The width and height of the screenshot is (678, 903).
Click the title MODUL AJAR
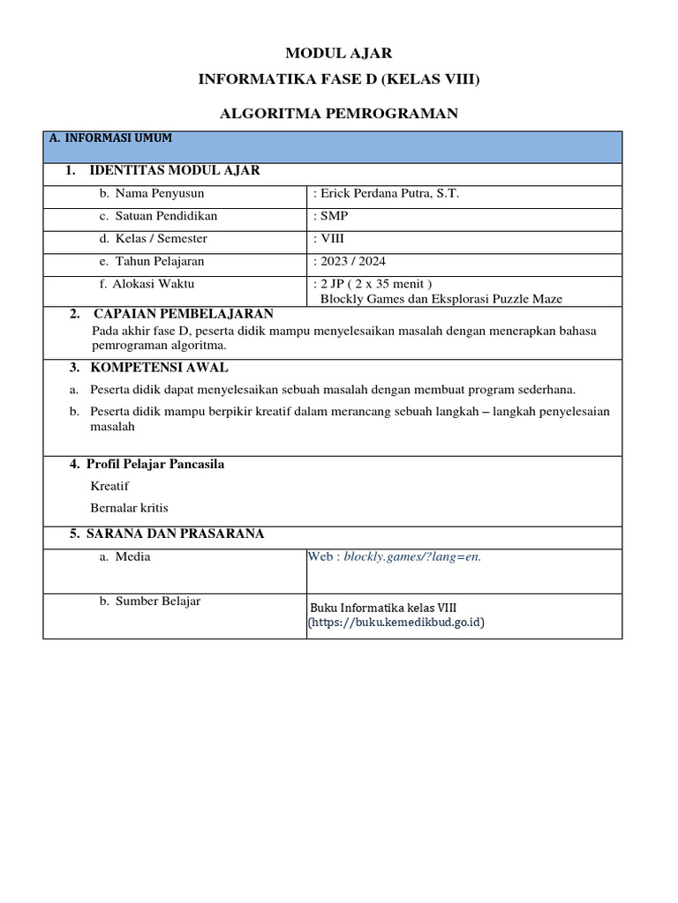338,54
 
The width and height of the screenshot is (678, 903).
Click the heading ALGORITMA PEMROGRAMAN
338,114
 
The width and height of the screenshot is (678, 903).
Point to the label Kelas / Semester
161,239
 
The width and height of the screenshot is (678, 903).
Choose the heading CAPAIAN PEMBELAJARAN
184,314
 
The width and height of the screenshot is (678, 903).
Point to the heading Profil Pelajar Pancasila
154,465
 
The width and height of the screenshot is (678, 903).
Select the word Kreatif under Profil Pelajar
109,486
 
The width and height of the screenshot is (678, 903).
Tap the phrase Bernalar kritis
129,508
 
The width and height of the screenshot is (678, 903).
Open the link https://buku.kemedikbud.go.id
396,623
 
